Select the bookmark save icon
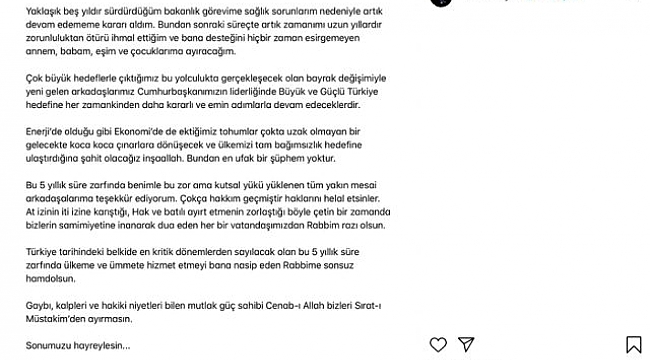pos(636,346)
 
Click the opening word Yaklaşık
pos(26,8)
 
